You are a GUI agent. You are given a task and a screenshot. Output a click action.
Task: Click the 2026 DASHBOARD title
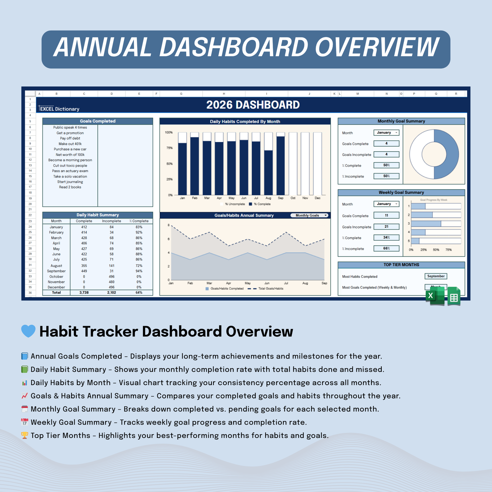253,105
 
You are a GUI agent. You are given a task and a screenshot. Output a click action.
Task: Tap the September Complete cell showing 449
84,271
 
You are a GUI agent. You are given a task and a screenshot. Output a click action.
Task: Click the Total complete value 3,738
84,293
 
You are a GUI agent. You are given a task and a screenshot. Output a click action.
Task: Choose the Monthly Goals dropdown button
310,216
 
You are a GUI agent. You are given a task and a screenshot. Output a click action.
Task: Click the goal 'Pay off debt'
70,138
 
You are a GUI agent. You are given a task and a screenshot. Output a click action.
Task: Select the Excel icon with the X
435,295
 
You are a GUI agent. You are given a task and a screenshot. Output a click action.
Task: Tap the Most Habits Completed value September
436,276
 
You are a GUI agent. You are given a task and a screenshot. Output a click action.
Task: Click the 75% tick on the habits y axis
169,148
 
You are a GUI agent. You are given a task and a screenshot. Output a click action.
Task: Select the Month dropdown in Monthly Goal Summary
386,133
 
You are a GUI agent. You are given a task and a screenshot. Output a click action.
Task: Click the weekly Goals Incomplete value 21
386,226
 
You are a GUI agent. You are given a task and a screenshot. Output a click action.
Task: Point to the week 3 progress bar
426,224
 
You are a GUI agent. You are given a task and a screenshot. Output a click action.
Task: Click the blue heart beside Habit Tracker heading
28,331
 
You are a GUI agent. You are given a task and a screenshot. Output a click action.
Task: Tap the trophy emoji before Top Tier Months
25,435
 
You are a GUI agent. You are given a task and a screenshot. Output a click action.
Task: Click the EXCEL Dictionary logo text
60,109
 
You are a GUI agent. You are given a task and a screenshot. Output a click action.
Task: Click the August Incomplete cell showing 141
112,266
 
